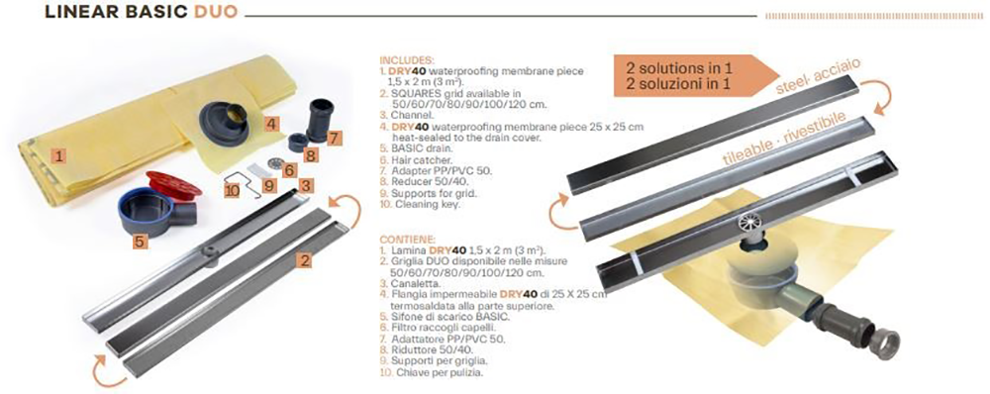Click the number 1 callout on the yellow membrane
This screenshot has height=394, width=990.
tap(59, 154)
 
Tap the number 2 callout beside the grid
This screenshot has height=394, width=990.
tap(306, 260)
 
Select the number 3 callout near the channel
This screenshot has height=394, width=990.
tap(307, 184)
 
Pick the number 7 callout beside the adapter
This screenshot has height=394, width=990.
tap(334, 137)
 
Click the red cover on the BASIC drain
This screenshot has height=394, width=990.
tap(173, 183)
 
